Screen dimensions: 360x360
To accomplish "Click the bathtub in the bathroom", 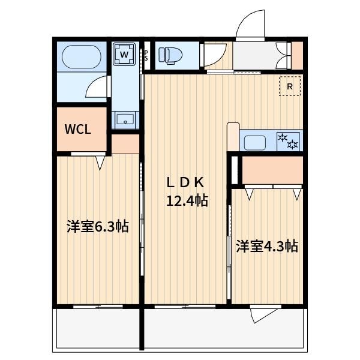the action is click(82, 57).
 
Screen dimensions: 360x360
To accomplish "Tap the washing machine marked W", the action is click(124, 55).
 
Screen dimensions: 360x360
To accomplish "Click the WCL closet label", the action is click(78, 129).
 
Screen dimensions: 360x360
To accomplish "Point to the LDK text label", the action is click(185, 183).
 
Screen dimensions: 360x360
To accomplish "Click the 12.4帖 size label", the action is click(187, 200).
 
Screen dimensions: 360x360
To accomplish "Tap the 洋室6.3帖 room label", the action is click(98, 227).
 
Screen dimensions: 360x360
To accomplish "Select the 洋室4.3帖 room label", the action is click(267, 247).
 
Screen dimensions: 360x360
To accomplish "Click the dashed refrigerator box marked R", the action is click(290, 86).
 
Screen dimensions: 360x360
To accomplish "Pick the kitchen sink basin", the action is click(255, 143).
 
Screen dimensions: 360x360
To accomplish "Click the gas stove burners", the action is click(288, 142).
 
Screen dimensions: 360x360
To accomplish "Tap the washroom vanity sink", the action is click(125, 119).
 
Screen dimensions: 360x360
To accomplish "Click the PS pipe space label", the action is click(146, 55).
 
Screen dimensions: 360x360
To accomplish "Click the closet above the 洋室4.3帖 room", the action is click(272, 170).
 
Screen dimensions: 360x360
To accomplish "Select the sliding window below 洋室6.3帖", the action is click(98, 306).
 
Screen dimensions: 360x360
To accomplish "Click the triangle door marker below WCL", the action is click(100, 163).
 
